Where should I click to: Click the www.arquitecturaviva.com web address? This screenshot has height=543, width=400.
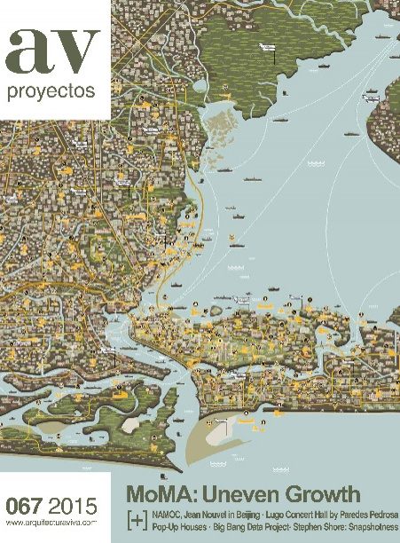pos(51,523)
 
